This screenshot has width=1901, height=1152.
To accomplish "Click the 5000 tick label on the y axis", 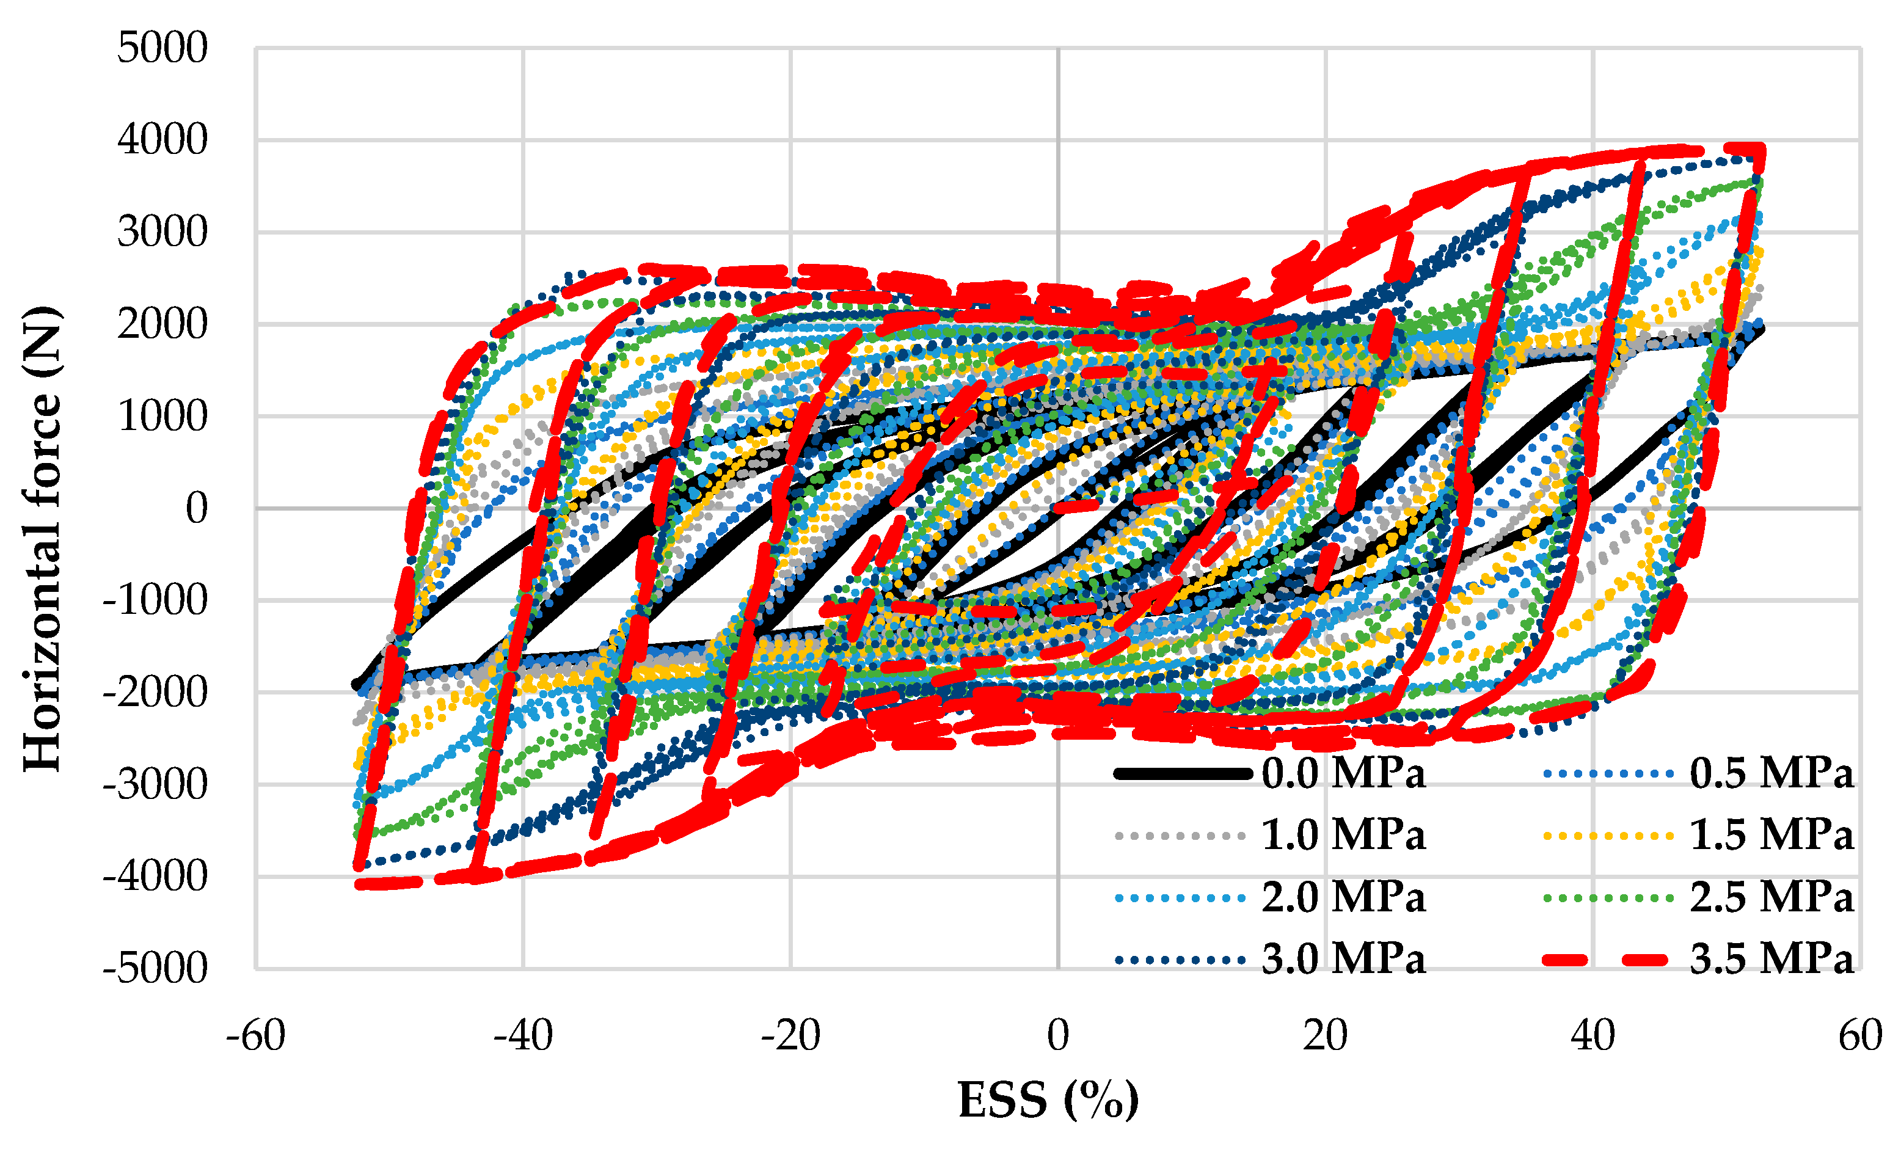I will tap(162, 49).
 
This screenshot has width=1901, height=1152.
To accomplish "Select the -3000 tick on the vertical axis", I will tap(155, 786).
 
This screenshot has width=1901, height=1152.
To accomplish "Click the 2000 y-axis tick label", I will tap(162, 325).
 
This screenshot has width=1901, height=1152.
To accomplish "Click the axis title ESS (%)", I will tap(1048, 1100).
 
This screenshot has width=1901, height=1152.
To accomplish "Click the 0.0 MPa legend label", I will tap(1343, 774).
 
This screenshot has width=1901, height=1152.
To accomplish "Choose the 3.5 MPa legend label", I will tap(1771, 960).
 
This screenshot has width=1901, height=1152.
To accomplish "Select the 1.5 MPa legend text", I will tap(1771, 836).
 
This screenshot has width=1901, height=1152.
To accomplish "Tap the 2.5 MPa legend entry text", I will tap(1771, 898).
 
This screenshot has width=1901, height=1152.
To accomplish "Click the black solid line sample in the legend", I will tap(1182, 774).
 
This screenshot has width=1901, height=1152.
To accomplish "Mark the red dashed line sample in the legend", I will tap(1608, 960).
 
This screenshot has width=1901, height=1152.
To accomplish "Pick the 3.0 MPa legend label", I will tap(1343, 960).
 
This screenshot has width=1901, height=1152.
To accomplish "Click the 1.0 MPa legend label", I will tap(1343, 836).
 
